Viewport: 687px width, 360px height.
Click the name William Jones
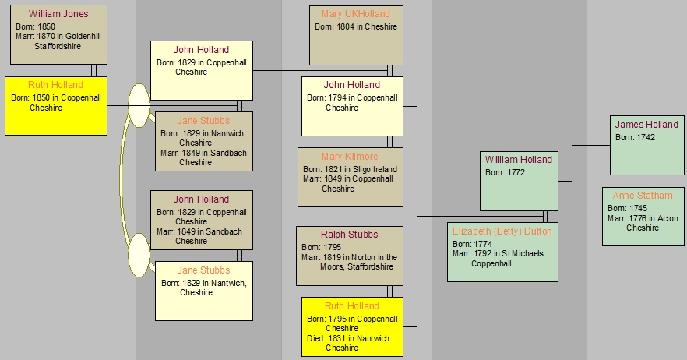[58, 14]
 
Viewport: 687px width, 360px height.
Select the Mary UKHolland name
[355, 14]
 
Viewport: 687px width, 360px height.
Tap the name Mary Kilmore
[349, 157]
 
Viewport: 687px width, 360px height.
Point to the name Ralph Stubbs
[349, 235]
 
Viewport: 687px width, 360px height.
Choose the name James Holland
[646, 125]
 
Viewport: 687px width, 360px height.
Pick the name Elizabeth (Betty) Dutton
[502, 231]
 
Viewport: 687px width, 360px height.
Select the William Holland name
[518, 160]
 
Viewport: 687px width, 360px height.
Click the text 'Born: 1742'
[635, 137]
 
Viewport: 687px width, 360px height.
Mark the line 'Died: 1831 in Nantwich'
[352, 338]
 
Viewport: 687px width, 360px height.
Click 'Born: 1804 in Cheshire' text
[355, 26]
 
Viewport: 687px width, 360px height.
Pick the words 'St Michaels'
[517, 253]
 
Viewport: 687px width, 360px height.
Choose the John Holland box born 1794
[352, 106]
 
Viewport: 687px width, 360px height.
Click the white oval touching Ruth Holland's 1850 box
[138, 106]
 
